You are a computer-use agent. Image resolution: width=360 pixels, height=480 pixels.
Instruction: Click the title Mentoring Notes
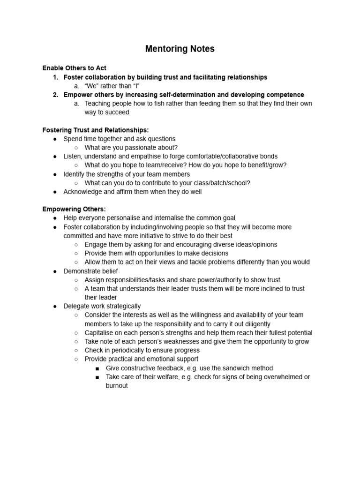[180, 49]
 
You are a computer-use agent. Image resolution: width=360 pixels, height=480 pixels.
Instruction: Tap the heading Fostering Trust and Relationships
[95, 130]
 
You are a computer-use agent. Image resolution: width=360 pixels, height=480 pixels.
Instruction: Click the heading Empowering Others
[74, 209]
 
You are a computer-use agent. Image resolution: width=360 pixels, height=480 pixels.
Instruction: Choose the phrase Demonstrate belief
[90, 271]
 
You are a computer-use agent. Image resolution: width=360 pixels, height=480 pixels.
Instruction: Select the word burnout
[117, 386]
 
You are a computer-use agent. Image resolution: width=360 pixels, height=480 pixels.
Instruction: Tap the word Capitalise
[100, 333]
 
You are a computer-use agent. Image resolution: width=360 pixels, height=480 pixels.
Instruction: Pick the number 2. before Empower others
[55, 95]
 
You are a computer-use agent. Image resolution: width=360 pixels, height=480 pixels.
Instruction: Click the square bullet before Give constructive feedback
[97, 368]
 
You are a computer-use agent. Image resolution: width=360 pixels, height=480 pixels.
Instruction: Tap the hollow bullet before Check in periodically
[76, 351]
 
